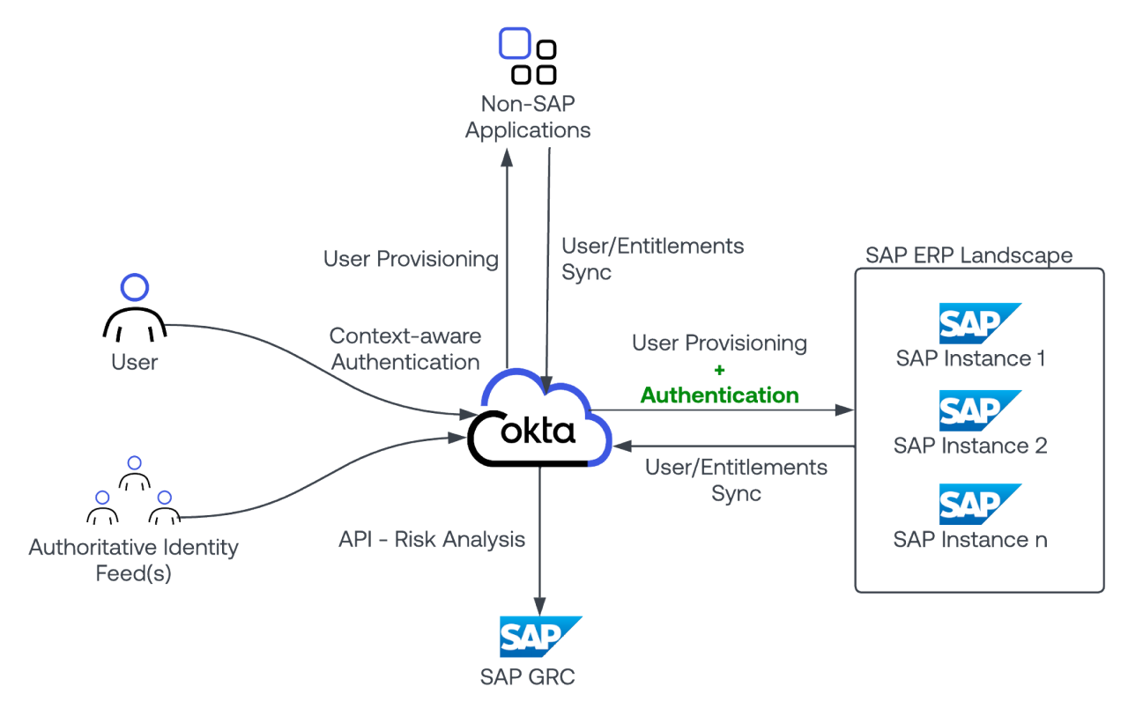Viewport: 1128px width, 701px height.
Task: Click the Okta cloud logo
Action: point(538,424)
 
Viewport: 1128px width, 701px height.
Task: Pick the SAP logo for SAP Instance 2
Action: point(978,410)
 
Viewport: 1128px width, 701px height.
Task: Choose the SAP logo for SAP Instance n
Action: point(978,504)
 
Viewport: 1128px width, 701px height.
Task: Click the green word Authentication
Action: point(719,395)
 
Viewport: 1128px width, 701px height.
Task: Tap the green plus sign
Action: point(719,370)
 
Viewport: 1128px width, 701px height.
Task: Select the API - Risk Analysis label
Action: point(432,539)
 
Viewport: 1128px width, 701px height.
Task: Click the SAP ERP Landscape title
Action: point(968,255)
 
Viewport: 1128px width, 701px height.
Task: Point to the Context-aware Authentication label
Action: point(404,349)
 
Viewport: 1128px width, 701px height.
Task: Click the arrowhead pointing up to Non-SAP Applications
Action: point(508,157)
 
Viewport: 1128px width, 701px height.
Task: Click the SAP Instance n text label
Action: point(969,539)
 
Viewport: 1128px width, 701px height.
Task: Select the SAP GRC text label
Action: point(527,676)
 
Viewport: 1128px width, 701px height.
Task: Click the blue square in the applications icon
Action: point(515,42)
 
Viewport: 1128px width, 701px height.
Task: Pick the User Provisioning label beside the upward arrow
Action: point(410,259)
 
